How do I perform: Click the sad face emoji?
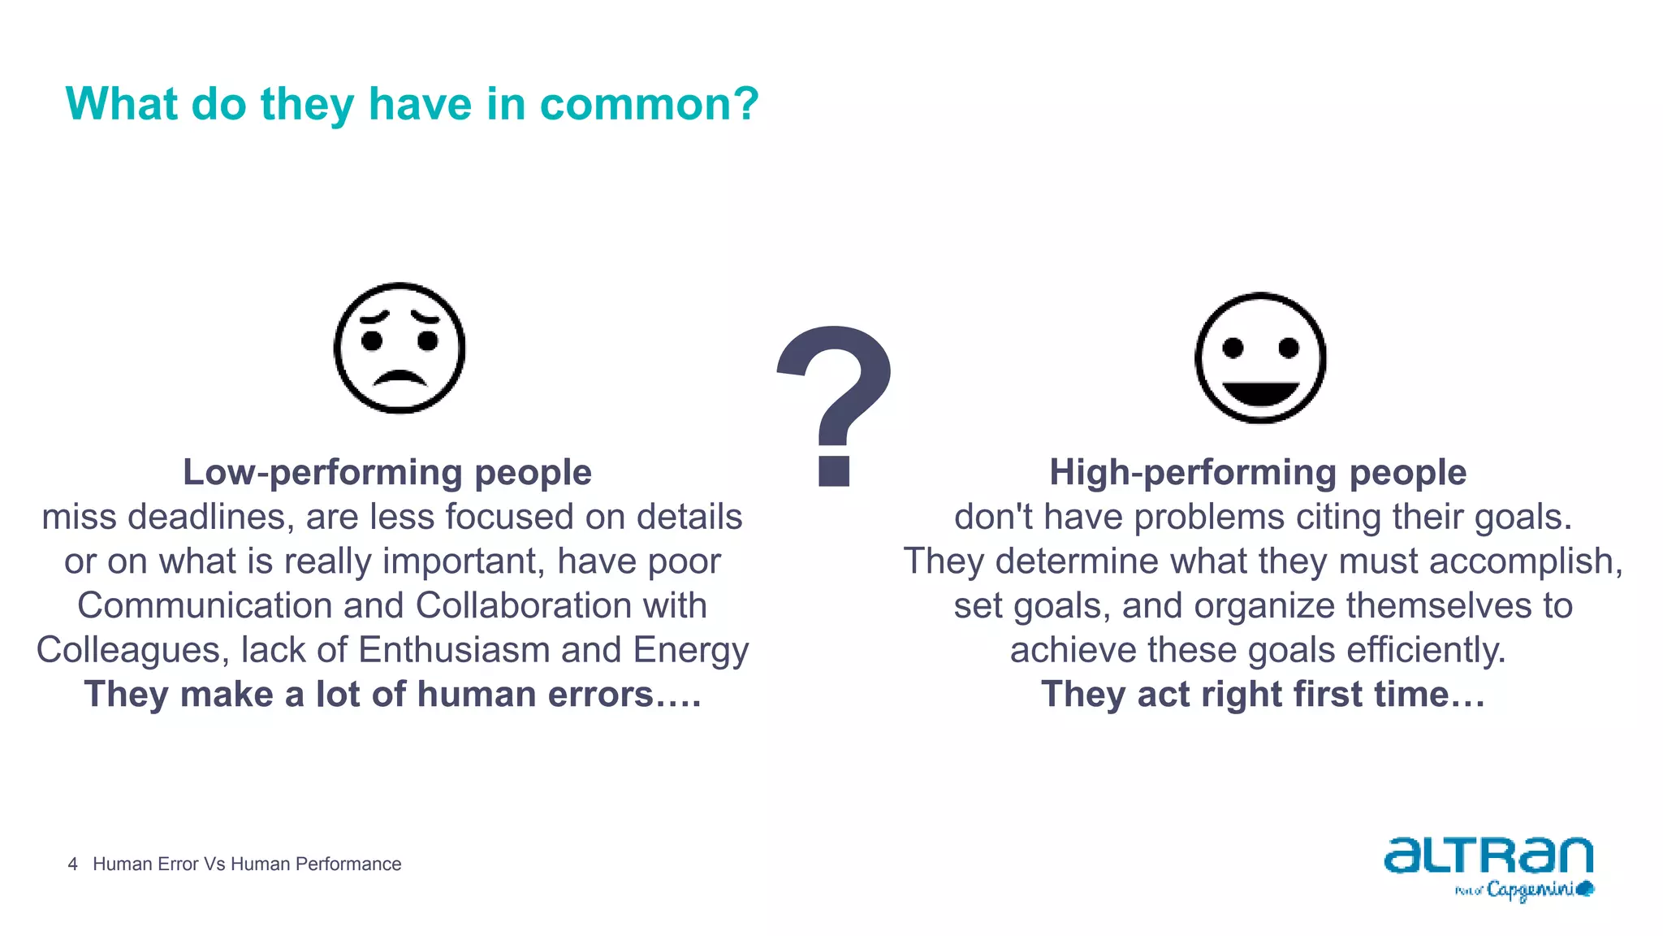tap(400, 349)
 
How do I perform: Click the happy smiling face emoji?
tap(1260, 358)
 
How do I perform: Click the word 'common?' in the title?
tap(649, 104)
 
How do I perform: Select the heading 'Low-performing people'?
tap(387, 472)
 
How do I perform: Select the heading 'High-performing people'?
tap(1258, 472)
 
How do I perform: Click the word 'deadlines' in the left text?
tap(212, 517)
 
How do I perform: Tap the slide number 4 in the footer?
tap(73, 864)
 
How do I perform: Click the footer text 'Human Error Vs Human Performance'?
tap(247, 864)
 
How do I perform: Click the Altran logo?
tap(1488, 856)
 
